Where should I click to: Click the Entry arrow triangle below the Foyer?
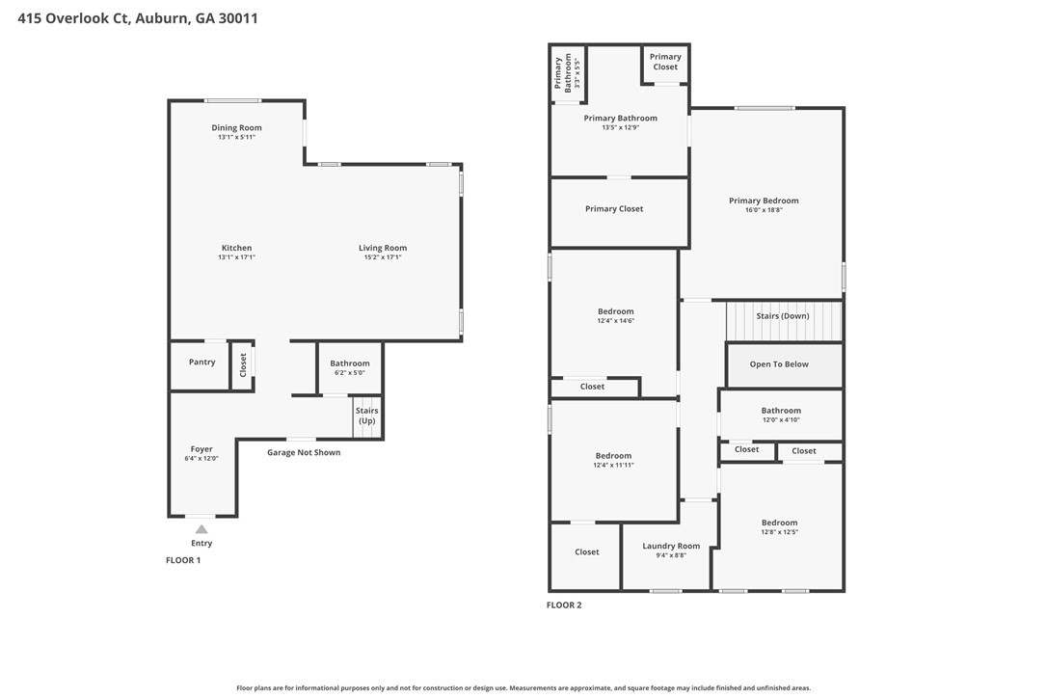(x=201, y=528)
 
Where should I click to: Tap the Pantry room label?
(x=202, y=362)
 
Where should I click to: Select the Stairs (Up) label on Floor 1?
(x=367, y=416)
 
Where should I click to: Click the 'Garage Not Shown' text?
(x=304, y=452)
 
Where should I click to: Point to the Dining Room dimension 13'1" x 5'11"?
(x=236, y=138)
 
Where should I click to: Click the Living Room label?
(x=383, y=248)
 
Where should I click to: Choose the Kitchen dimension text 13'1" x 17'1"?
(x=236, y=257)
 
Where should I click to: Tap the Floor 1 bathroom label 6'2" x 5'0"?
(x=350, y=372)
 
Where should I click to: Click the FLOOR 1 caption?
(x=183, y=560)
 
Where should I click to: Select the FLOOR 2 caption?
(x=564, y=605)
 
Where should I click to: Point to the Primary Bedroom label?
(x=764, y=201)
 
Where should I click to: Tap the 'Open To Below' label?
(x=779, y=364)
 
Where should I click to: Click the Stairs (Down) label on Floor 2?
(x=782, y=316)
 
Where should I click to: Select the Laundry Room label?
(x=671, y=546)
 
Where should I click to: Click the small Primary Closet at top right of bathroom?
(x=665, y=62)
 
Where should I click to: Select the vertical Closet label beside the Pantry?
(x=243, y=364)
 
